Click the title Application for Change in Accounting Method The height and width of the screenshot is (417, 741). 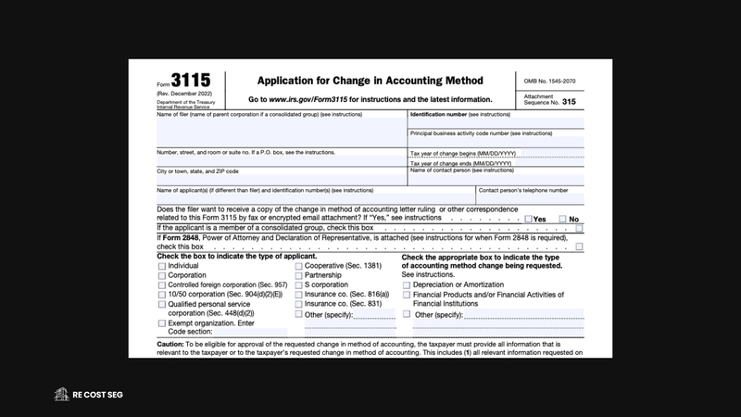tap(383, 81)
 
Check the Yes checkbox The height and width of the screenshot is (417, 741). tap(528, 219)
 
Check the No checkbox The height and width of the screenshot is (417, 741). tap(562, 219)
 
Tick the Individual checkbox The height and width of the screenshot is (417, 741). tap(162, 265)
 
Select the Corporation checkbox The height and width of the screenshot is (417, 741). tap(162, 275)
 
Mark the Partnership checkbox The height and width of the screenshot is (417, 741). tap(299, 275)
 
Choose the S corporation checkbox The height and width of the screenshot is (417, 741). tap(299, 285)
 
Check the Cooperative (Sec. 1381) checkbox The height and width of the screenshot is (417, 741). tap(299, 265)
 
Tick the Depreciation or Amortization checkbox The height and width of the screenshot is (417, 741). tap(407, 284)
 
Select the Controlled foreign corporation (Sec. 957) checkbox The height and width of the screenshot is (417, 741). tap(162, 285)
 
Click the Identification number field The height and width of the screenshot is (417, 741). tap(496, 123)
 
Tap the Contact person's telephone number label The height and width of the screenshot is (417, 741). tap(522, 190)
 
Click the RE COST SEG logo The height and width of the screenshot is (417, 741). tap(89, 394)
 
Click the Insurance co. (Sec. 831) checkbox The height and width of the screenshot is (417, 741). tap(299, 304)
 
